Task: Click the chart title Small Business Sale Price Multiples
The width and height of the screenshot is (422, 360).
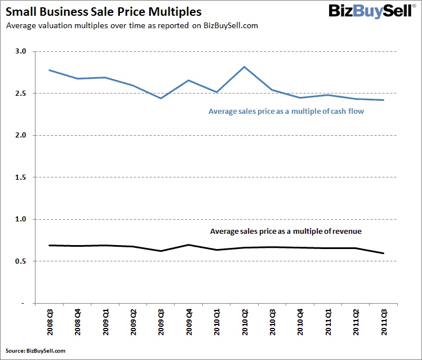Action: pos(103,11)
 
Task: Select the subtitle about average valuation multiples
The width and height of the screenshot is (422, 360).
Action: pos(131,26)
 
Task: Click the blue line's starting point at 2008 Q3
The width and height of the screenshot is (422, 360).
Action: pos(50,70)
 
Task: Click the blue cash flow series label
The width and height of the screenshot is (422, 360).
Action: pos(286,112)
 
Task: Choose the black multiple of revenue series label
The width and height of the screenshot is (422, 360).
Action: pos(285,232)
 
